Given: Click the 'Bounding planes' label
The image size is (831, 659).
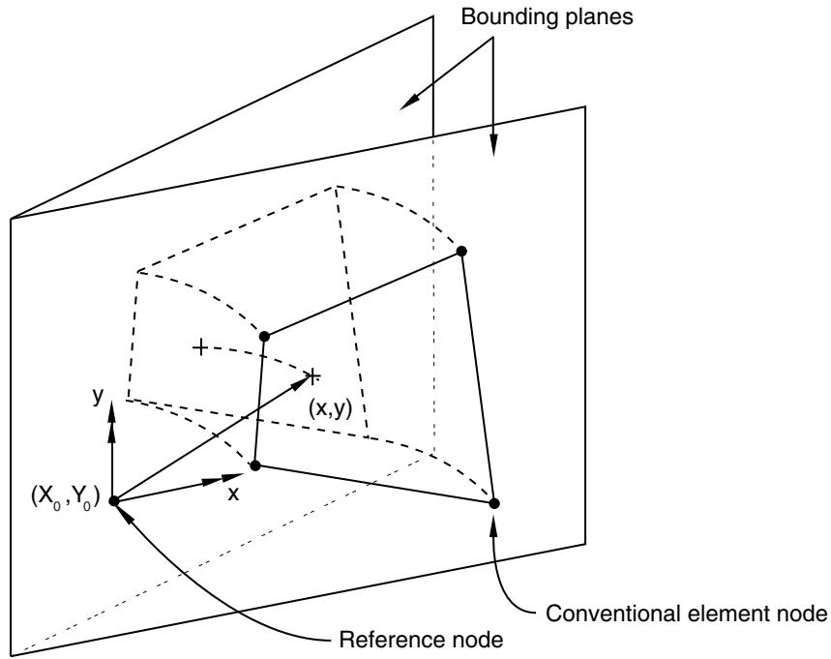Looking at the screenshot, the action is pos(547,17).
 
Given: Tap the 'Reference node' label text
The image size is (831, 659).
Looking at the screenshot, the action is pos(422,640).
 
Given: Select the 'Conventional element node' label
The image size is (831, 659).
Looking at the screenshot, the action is pos(687,614).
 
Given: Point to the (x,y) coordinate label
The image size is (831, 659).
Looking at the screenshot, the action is pos(330,408).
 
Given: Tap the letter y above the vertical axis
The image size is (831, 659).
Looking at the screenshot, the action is pos(97,395).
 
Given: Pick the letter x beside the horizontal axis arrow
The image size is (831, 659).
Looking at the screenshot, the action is pos(233,494).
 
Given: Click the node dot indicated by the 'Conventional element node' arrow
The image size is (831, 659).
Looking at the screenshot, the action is pos(494,503).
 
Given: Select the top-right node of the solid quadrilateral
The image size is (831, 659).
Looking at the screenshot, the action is pos(461,251).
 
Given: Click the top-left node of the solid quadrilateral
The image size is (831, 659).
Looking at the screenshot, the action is pos(264,336).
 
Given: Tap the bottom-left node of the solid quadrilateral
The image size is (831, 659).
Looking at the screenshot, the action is pos(255,466).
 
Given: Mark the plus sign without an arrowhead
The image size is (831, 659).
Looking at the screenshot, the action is pos(200,347).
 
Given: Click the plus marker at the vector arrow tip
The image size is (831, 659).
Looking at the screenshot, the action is pos(313,375).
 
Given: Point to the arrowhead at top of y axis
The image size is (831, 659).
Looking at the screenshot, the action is pos(111,412).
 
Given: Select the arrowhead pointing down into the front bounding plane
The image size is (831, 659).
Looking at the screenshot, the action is pos(493,145).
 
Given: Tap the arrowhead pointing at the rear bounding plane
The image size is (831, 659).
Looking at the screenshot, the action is pos(409,103).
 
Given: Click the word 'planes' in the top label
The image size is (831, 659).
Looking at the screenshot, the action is pos(596,18).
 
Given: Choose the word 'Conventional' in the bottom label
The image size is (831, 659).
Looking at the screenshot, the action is pos(613,614).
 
